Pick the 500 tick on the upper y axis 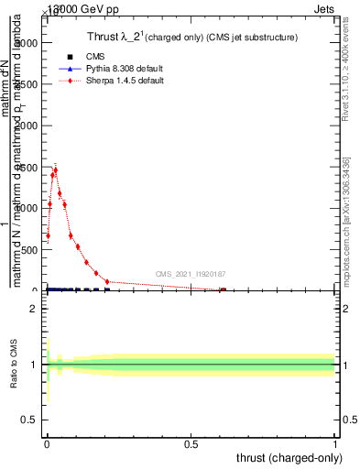pyautogui.click(x=30, y=249)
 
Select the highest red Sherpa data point pyautogui.click(x=56, y=169)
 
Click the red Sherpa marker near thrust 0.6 pyautogui.click(x=222, y=289)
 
